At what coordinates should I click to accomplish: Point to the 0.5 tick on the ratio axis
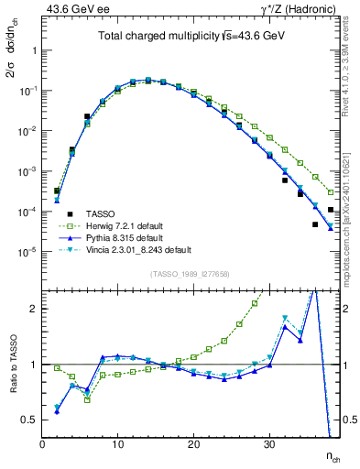tap(29, 420)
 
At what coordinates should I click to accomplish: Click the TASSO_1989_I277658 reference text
tap(190, 274)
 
